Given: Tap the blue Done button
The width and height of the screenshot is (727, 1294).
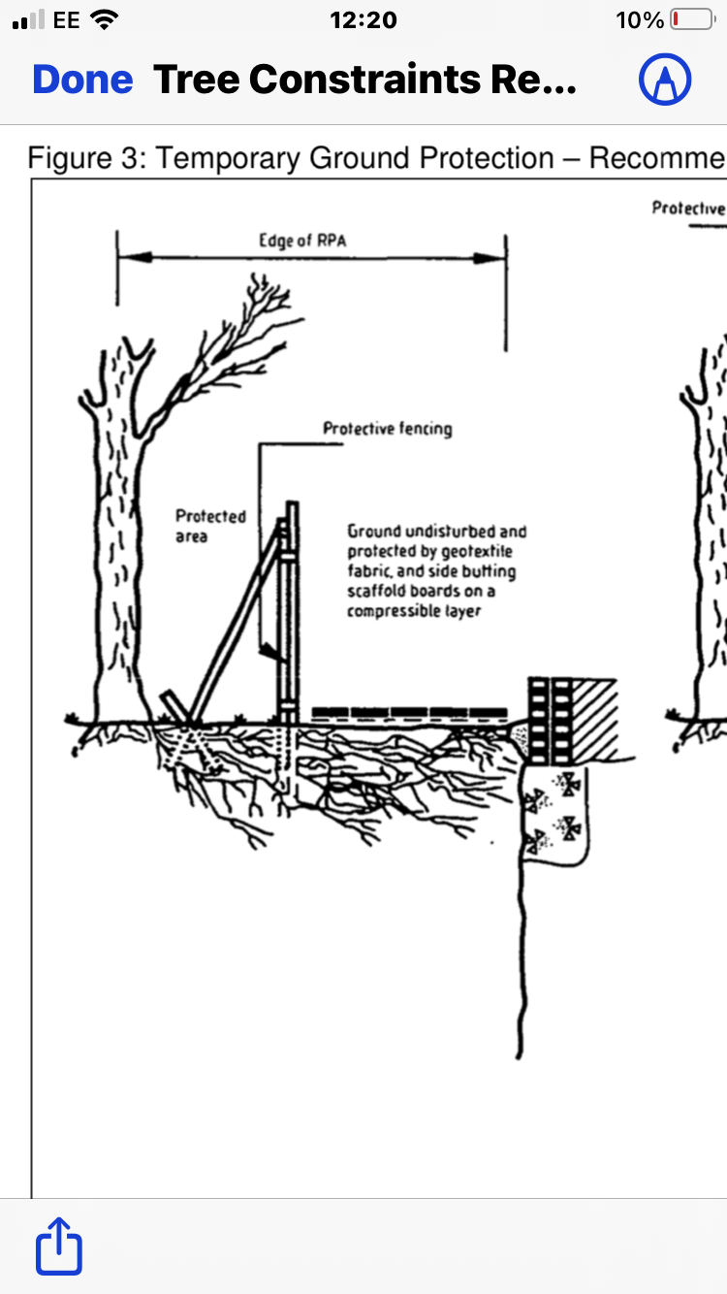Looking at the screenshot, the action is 82,80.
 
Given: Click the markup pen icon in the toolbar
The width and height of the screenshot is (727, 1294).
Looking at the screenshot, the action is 665,80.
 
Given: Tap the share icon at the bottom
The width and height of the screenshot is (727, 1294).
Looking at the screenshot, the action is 59,1246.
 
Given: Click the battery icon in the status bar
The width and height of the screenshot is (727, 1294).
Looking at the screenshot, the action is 693,19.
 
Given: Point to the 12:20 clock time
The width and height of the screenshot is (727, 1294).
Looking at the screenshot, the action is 363,20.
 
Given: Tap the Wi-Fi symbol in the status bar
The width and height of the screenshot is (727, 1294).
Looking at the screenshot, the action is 105,19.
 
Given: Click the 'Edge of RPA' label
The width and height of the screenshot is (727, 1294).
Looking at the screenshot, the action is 302,241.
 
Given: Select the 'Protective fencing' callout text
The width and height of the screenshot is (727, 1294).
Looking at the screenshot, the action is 387,429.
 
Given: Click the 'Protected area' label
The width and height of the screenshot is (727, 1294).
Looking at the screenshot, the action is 210,526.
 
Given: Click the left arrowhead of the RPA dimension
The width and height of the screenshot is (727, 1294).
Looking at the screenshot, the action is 135,257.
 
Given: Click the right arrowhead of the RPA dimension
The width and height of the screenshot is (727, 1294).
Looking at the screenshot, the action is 490,258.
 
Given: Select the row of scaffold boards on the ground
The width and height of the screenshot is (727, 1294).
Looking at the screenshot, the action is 409,712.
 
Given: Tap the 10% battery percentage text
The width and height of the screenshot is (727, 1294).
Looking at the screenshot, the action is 639,20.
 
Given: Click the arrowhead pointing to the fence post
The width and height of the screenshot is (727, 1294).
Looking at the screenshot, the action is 272,652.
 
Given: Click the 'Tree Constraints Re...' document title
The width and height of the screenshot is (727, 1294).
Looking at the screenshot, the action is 364,80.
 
